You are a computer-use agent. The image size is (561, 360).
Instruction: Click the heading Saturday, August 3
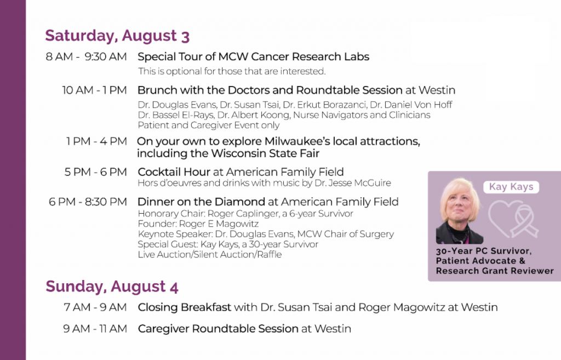117,36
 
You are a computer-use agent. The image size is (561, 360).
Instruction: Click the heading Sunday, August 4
112,287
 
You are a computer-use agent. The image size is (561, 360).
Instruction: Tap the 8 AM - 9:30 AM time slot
86,56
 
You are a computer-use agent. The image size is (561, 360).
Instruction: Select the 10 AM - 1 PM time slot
94,90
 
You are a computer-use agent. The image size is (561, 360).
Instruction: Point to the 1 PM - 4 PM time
96,141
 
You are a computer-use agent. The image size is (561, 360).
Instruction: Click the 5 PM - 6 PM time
95,172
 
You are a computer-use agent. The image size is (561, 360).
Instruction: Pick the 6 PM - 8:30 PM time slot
88,202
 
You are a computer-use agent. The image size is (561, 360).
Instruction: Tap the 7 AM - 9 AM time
95,307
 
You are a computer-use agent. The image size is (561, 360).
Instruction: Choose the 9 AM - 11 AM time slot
95,329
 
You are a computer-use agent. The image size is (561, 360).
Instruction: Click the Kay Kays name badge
511,187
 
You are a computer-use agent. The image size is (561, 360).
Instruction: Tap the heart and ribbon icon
513,219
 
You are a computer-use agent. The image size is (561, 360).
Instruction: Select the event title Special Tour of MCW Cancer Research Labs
253,56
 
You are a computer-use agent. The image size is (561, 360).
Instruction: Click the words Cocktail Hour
174,172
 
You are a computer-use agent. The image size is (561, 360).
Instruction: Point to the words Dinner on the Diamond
202,202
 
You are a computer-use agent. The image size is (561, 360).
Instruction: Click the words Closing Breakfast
185,307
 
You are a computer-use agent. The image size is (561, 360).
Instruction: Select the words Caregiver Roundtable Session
218,329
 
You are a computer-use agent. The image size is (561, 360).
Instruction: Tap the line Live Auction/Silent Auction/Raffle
210,254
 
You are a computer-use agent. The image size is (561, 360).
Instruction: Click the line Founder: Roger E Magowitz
198,224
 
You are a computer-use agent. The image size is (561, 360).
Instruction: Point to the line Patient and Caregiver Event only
209,125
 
